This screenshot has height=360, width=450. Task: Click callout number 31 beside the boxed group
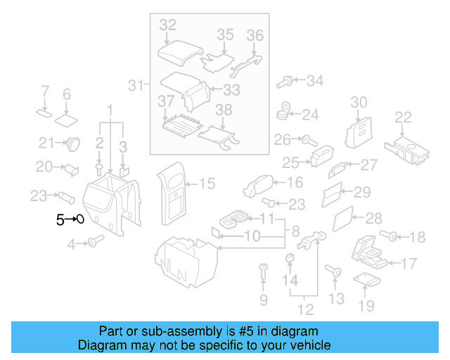[x=136, y=86]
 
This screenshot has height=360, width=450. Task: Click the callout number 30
[x=359, y=103]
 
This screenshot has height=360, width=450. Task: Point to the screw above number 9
[x=263, y=269]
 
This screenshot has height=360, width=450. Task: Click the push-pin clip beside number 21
[x=72, y=143]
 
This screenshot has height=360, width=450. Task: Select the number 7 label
[x=44, y=91]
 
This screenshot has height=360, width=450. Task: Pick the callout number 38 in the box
[x=223, y=110]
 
